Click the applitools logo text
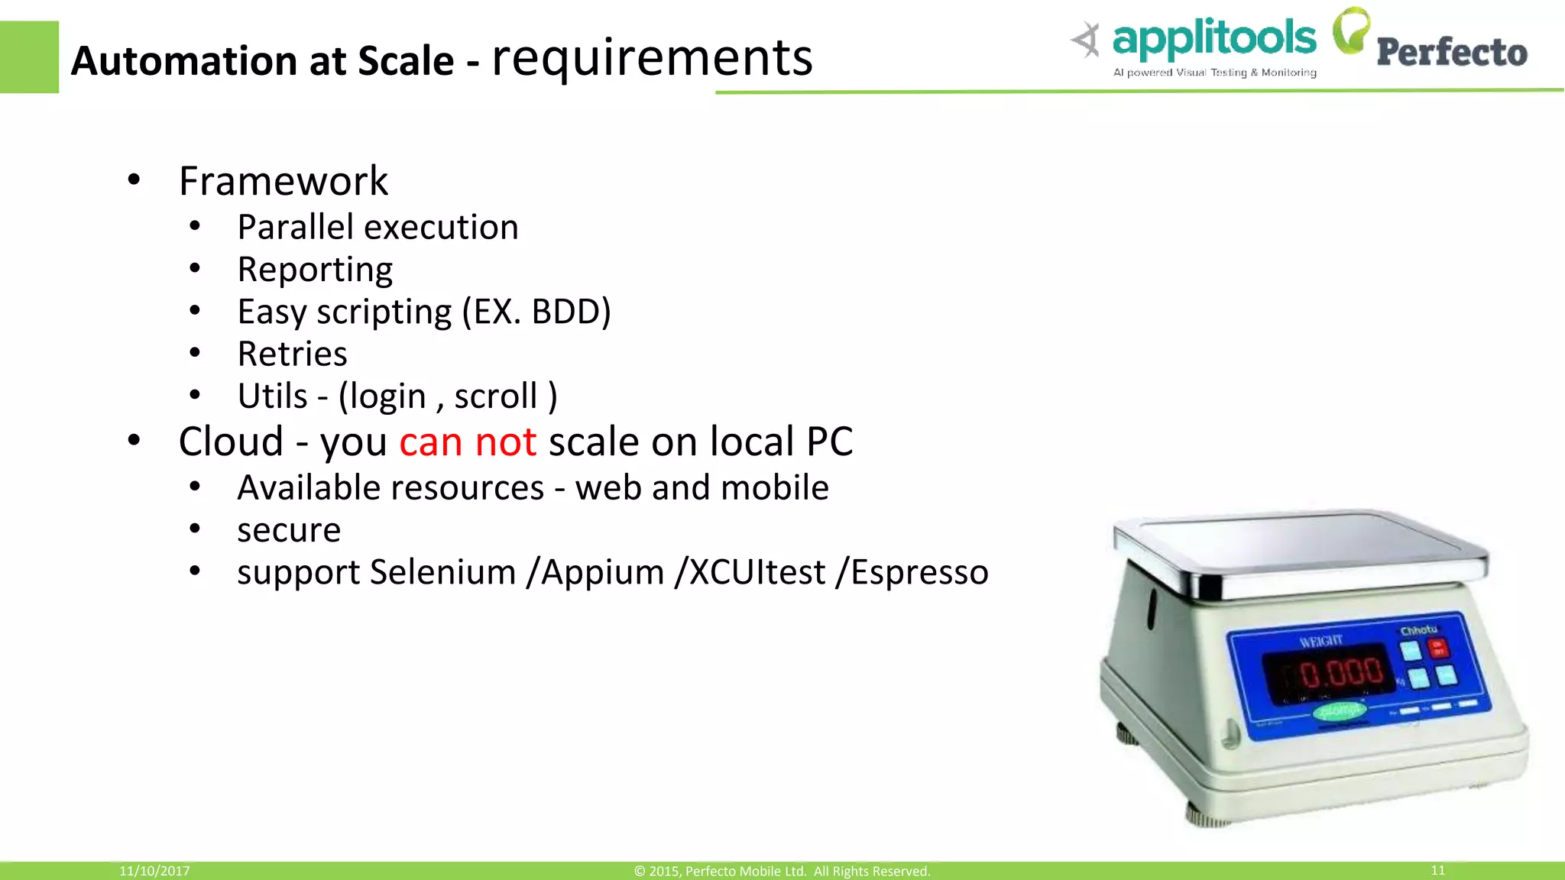point(1214,40)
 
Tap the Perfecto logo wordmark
point(1452,52)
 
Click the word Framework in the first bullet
point(284,181)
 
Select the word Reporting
point(315,270)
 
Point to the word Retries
point(292,354)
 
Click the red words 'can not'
point(468,442)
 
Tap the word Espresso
point(919,572)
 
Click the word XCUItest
point(757,572)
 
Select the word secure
point(289,530)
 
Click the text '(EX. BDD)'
point(536,312)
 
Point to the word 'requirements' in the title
point(652,58)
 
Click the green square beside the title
point(29,57)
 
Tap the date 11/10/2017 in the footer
point(154,871)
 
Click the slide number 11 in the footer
point(1437,870)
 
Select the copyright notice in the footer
point(782,871)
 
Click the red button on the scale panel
point(1438,648)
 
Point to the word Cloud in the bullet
point(231,442)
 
